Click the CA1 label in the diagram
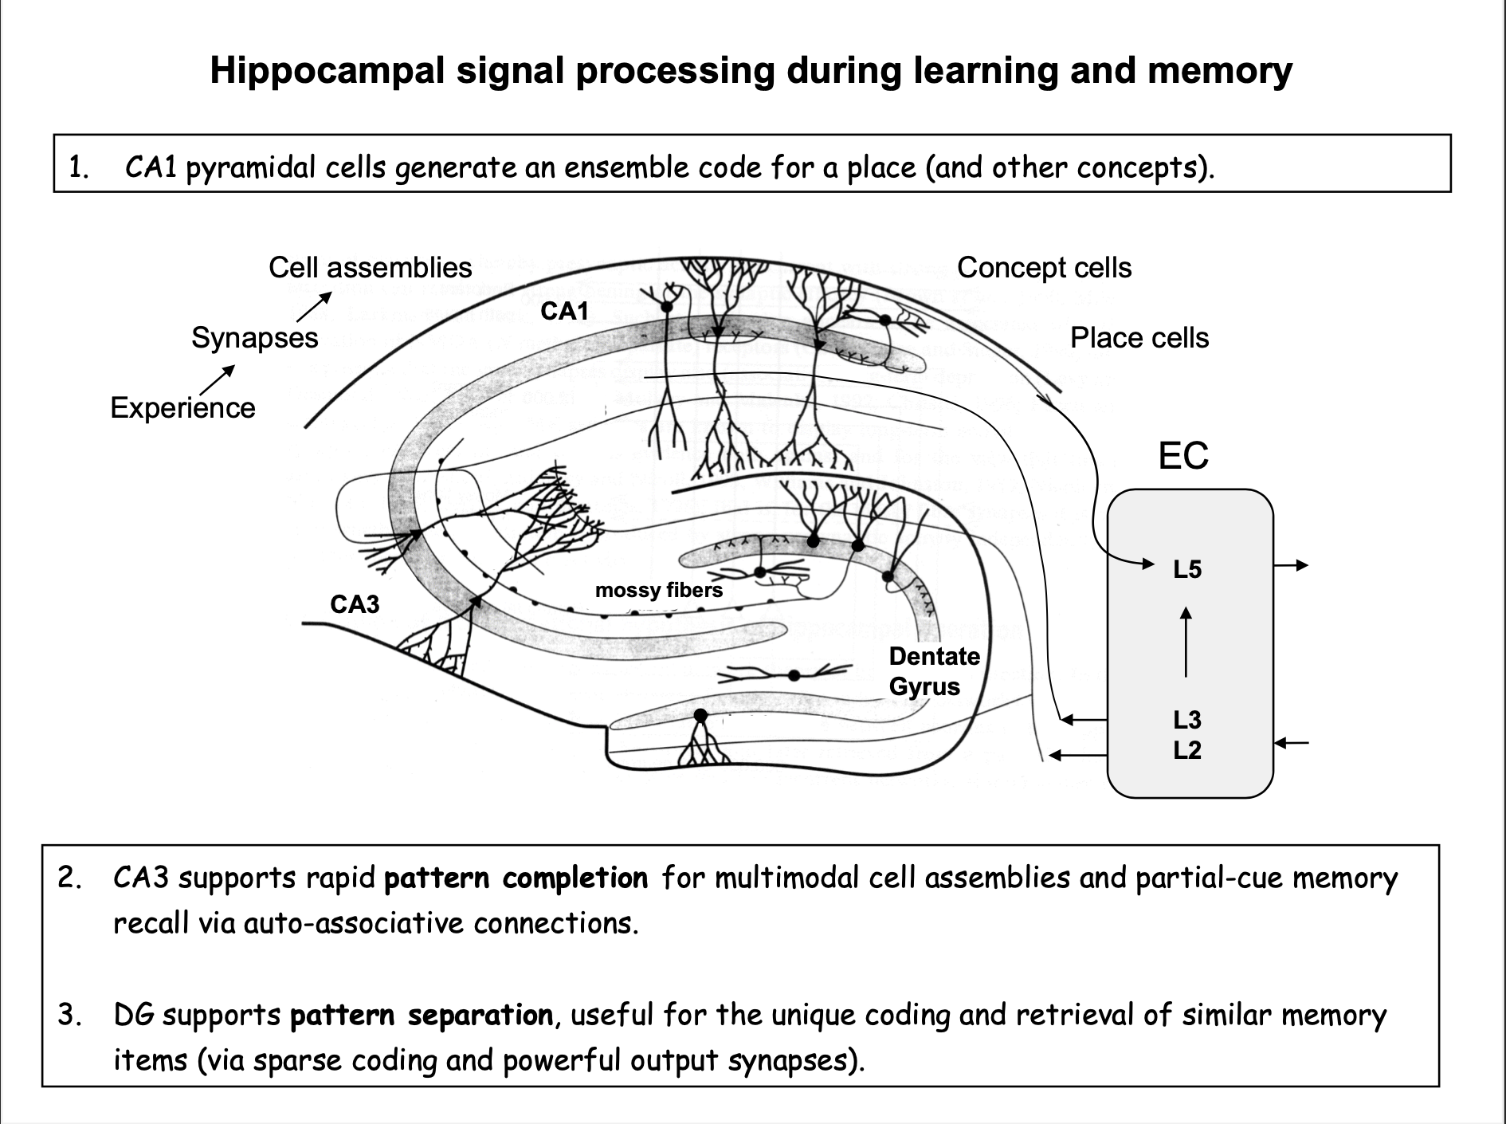click(564, 312)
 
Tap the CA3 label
click(355, 605)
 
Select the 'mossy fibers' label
click(659, 590)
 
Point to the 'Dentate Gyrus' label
click(934, 671)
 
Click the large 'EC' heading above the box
click(1183, 456)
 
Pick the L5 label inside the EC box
click(1186, 569)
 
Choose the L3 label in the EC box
click(1186, 720)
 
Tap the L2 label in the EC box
click(1186, 750)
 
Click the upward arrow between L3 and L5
click(1186, 643)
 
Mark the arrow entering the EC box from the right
click(1292, 744)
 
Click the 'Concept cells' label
click(1044, 268)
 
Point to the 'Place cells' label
click(1139, 338)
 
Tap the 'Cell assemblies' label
click(370, 268)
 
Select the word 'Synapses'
click(254, 338)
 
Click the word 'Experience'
click(182, 408)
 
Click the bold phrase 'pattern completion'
click(516, 878)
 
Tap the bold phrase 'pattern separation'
click(421, 1016)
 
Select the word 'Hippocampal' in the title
click(327, 70)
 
